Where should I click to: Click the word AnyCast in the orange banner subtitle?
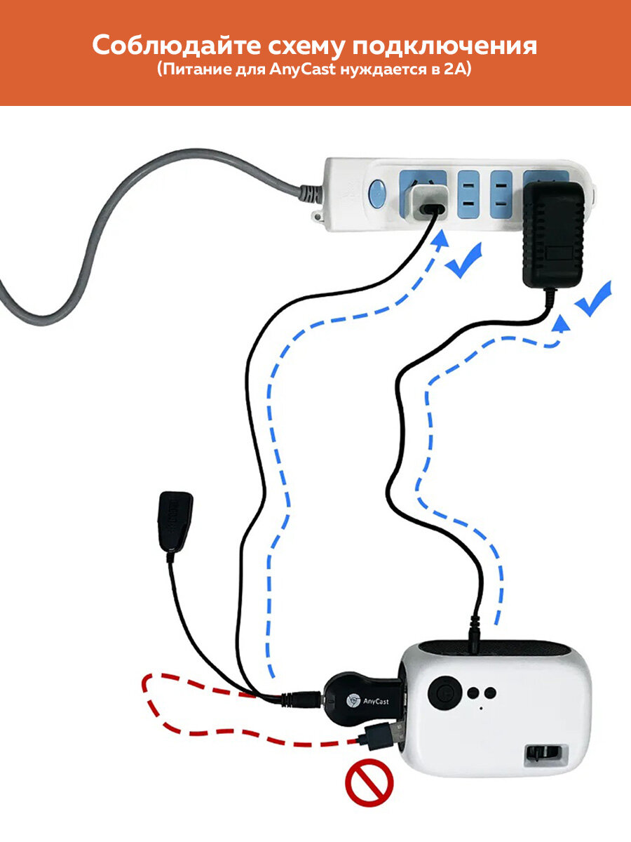coord(303,69)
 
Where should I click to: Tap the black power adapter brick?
coord(554,235)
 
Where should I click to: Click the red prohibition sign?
coord(369,782)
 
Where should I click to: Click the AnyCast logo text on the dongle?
coord(376,702)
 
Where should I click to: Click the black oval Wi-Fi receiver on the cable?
coord(175,525)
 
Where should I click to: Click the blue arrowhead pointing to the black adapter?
coord(562,323)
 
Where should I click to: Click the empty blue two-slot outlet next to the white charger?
coord(468,194)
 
